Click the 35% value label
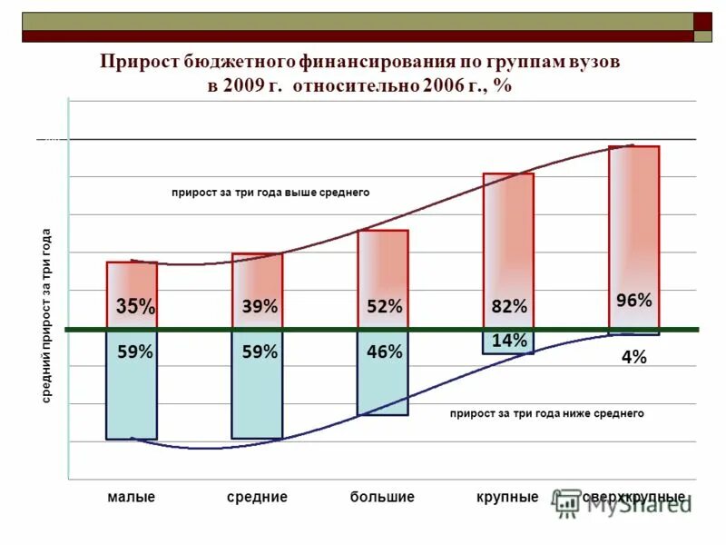(135, 307)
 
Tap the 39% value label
(260, 307)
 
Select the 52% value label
(384, 307)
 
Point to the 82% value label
(509, 307)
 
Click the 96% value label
(633, 300)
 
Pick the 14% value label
(509, 341)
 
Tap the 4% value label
(634, 358)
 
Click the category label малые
(132, 498)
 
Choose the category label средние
(257, 498)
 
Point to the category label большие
(382, 498)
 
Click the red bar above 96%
(633, 218)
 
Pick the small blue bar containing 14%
(508, 342)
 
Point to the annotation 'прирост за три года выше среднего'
(270, 193)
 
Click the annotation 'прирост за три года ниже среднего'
(546, 413)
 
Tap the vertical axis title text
(46, 318)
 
